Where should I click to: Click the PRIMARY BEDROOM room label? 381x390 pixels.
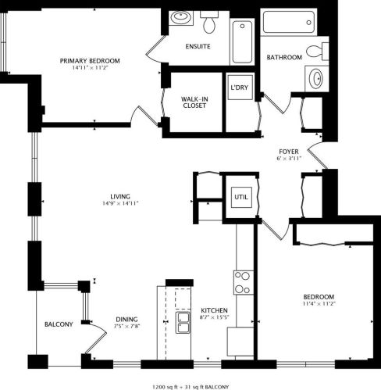point(91,60)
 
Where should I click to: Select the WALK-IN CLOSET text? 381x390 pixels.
point(193,102)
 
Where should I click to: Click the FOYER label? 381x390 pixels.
point(289,152)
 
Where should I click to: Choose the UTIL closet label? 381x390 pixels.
point(240,197)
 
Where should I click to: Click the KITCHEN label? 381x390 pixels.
point(214,309)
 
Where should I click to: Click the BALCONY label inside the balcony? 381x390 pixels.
point(59,324)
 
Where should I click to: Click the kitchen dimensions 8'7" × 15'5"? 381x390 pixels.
point(214,317)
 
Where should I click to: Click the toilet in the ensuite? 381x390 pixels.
point(209,21)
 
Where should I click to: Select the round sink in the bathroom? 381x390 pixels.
point(316,79)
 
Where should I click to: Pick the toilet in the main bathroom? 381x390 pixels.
point(316,52)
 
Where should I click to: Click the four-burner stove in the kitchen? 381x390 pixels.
point(241,281)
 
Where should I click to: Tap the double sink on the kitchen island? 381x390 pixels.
point(184,323)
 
